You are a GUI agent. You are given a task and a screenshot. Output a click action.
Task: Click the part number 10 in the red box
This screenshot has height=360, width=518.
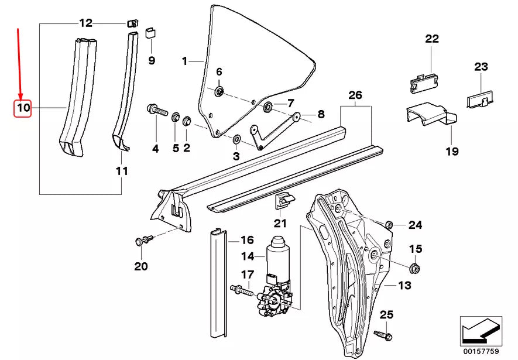(23, 108)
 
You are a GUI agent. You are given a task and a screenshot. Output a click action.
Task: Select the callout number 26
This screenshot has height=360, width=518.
(355, 95)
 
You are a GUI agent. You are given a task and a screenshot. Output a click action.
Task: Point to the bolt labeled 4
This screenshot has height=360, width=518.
(156, 109)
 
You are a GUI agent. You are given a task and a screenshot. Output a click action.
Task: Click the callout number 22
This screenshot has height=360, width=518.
(431, 39)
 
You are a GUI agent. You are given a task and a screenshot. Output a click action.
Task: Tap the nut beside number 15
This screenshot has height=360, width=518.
(414, 269)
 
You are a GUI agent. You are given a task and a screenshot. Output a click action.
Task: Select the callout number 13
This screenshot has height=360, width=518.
(405, 286)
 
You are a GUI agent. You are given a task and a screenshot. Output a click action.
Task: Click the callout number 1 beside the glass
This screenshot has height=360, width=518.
(184, 61)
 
